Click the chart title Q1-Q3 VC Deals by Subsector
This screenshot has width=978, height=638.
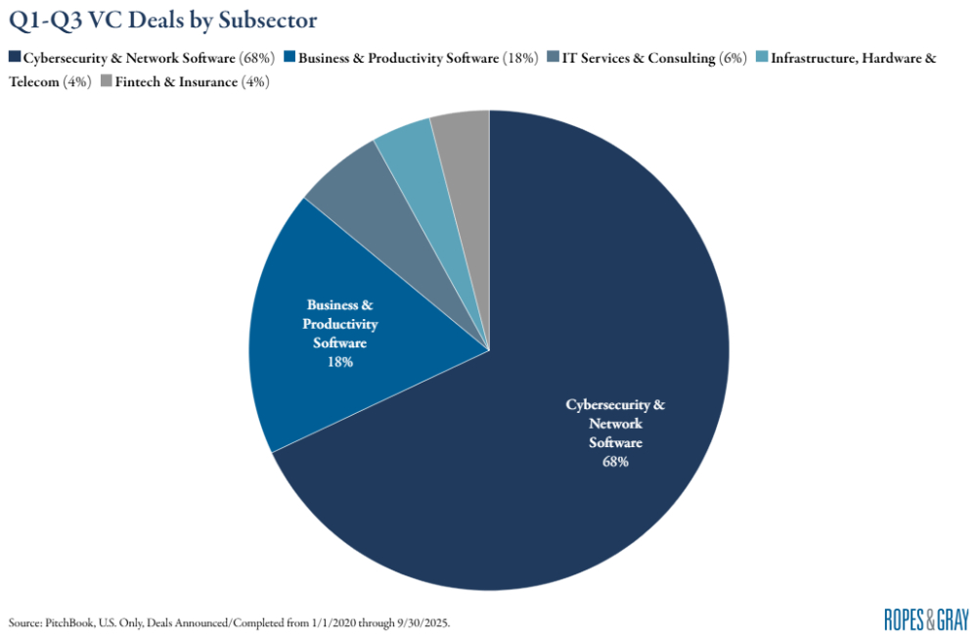click(162, 21)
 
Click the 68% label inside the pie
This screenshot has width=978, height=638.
click(615, 461)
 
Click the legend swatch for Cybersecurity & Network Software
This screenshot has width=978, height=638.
click(14, 59)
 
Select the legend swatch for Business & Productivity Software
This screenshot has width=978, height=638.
click(290, 59)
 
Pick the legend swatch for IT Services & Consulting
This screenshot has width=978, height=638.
click(554, 59)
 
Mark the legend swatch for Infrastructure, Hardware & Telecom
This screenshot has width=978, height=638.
click(763, 59)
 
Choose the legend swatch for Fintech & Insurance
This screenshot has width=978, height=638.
click(106, 82)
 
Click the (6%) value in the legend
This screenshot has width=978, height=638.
click(733, 59)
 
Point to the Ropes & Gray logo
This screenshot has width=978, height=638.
click(925, 618)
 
